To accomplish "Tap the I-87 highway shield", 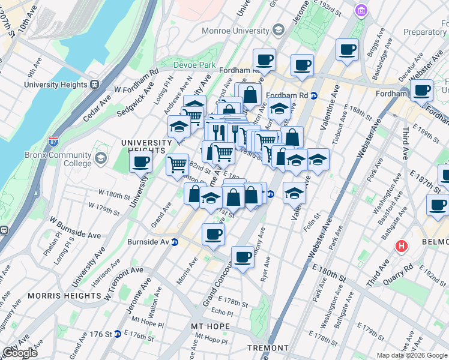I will (53, 143).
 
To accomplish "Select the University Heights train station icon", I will (94, 85).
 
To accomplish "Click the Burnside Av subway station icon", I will (175, 242).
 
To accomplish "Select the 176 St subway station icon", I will (118, 334).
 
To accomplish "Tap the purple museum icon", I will (360, 11).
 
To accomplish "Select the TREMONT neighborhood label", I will (268, 348).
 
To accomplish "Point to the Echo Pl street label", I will (221, 313).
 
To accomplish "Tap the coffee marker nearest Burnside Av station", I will (212, 235).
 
